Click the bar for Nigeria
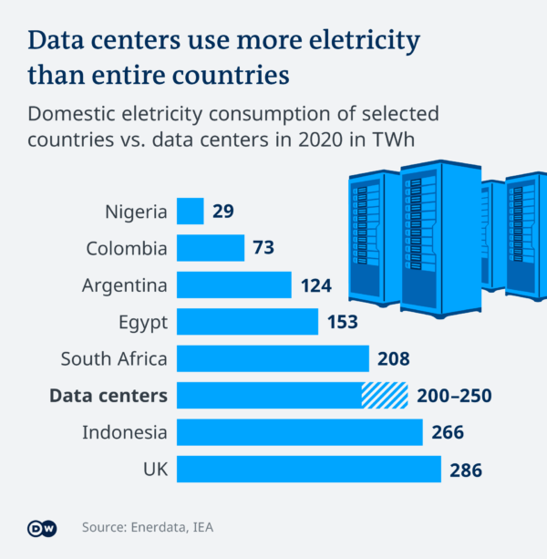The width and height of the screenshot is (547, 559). (190, 212)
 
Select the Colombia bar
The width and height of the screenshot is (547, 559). (210, 248)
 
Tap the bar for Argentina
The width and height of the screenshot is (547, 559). (234, 285)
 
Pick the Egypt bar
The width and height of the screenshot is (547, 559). (247, 322)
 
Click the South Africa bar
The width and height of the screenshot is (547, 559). (273, 358)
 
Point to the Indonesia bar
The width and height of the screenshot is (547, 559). (299, 432)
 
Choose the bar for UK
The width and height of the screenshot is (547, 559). (309, 469)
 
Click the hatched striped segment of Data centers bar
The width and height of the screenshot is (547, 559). (384, 395)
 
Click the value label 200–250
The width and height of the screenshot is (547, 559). (453, 396)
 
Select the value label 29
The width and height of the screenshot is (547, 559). (223, 212)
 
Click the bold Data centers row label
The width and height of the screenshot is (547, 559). (108, 396)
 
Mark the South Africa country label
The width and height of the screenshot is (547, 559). (114, 358)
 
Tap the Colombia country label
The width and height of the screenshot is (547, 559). (127, 248)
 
